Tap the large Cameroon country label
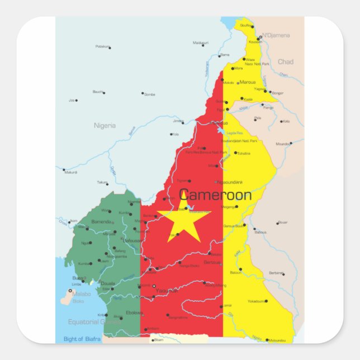pyautogui.click(x=215, y=196)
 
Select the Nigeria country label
pyautogui.click(x=105, y=126)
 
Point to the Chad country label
pyautogui.click(x=285, y=62)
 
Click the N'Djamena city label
pyautogui.click(x=277, y=35)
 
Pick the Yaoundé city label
pyautogui.click(x=167, y=291)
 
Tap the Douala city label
pyautogui.click(x=107, y=283)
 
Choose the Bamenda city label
pyautogui.click(x=101, y=222)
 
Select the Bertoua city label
pyautogui.click(x=212, y=262)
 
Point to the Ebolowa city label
pyautogui.click(x=134, y=312)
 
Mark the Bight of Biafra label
pyautogui.click(x=82, y=339)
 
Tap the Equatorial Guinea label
pyautogui.click(x=94, y=322)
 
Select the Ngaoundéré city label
pyautogui.click(x=230, y=182)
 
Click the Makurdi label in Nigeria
pyautogui.click(x=70, y=172)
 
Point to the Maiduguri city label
pyautogui.click(x=201, y=42)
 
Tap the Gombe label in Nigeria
pyautogui.click(x=150, y=94)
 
